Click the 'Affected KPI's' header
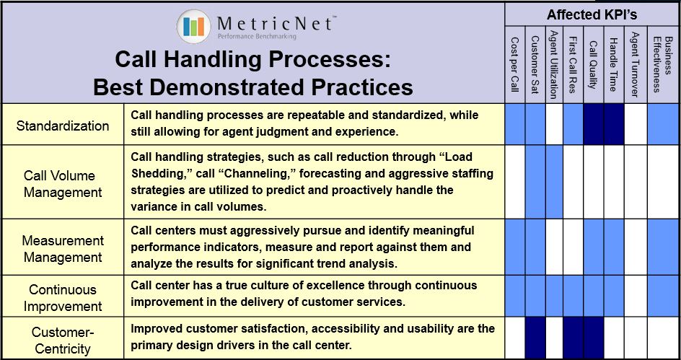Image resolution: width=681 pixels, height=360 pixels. click(592, 14)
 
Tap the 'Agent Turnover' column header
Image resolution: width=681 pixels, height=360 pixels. click(635, 63)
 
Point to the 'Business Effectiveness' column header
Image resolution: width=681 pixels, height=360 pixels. click(663, 63)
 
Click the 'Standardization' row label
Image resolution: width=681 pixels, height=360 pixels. click(63, 126)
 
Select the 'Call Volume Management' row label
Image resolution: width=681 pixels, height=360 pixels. click(63, 184)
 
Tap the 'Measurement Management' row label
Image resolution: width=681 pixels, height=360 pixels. click(63, 249)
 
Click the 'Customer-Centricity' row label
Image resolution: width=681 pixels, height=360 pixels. click(63, 340)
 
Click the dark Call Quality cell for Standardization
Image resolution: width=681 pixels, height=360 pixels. click(594, 125)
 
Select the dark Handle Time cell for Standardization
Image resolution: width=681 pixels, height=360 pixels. click(614, 125)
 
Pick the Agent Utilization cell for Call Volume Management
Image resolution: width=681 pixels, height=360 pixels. click(553, 182)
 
